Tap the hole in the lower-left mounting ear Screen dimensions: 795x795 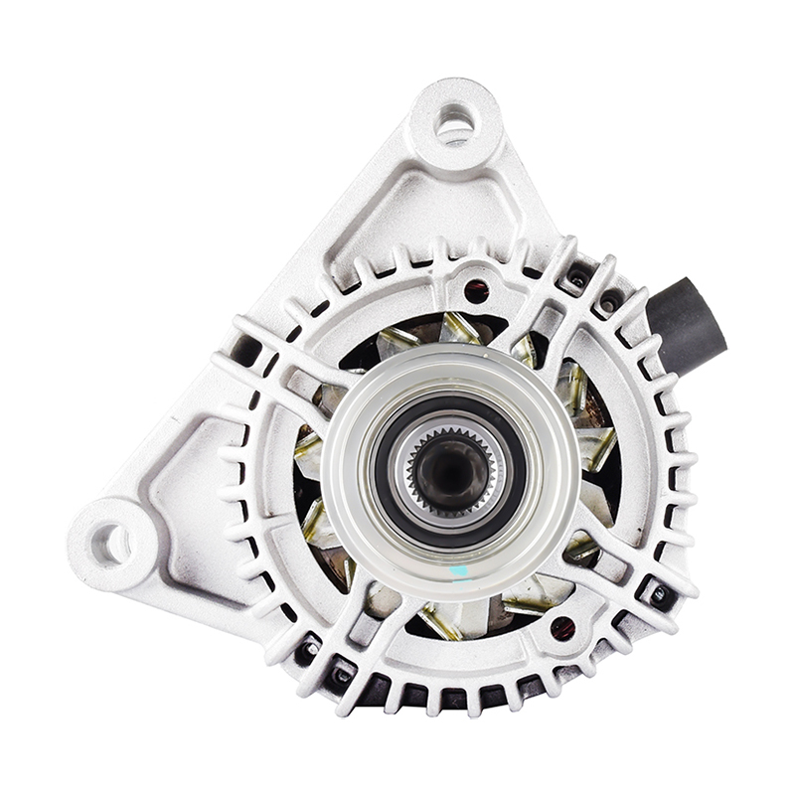click(x=110, y=543)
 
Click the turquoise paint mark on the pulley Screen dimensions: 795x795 click(x=459, y=572)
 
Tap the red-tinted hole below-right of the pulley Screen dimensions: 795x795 click(x=561, y=628)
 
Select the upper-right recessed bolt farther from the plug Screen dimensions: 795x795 click(x=577, y=278)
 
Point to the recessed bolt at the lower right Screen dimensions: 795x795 click(x=658, y=593)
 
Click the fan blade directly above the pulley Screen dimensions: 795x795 click(x=459, y=328)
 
